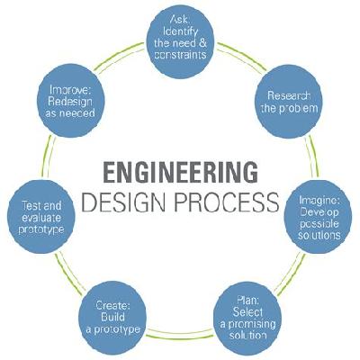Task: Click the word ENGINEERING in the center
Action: point(180,172)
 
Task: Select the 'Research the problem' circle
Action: point(289,101)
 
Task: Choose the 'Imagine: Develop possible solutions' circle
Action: point(319,217)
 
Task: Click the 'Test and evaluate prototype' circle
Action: point(41,217)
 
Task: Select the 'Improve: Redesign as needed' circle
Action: point(71,101)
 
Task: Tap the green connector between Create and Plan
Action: point(180,333)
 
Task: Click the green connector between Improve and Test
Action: point(48,157)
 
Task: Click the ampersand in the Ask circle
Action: point(202,43)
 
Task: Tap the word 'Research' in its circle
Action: point(289,95)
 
